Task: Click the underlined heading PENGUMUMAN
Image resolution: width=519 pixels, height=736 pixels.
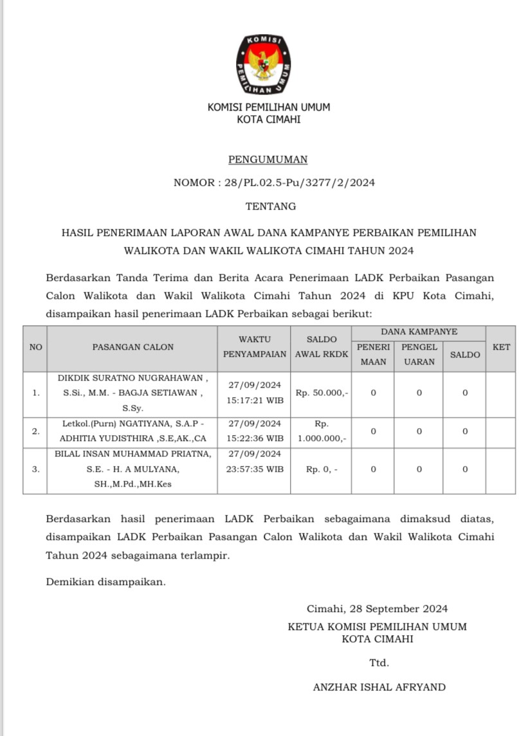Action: click(x=268, y=159)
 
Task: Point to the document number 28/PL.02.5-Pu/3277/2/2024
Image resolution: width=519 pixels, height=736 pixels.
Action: click(x=300, y=183)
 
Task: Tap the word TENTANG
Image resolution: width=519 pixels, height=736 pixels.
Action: click(x=271, y=206)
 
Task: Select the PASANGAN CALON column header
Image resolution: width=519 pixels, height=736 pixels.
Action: click(x=132, y=347)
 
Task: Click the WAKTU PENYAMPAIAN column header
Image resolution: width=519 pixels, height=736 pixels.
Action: click(x=255, y=346)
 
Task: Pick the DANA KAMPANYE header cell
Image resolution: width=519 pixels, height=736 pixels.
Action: click(x=419, y=332)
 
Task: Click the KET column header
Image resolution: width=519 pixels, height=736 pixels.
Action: click(x=501, y=347)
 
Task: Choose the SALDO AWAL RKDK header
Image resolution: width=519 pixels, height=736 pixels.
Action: click(x=321, y=346)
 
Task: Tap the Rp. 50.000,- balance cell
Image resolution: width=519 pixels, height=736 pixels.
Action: click(x=322, y=393)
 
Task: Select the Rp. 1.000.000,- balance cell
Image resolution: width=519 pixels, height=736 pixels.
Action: click(x=322, y=431)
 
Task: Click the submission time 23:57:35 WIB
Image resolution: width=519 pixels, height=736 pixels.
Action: click(x=255, y=469)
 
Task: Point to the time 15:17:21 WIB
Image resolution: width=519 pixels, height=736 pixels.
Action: click(x=255, y=400)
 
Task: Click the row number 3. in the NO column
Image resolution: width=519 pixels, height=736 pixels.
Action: click(x=36, y=469)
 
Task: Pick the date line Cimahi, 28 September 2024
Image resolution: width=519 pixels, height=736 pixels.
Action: click(x=377, y=609)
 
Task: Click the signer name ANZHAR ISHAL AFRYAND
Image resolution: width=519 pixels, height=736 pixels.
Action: click(x=379, y=687)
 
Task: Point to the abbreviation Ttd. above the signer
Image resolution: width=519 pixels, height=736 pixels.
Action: click(x=379, y=663)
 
